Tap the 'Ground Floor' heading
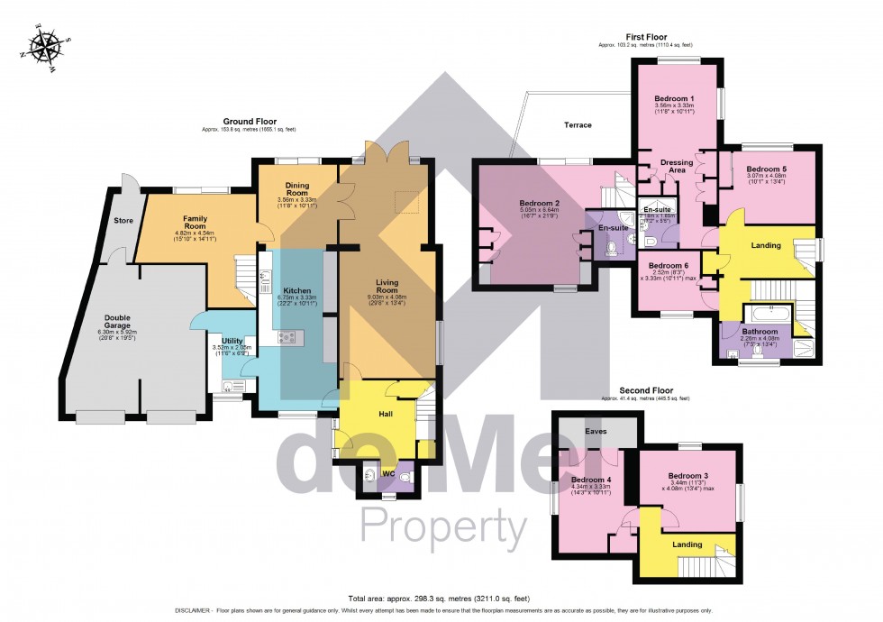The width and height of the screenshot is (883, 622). click(x=250, y=121)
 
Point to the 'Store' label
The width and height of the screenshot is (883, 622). click(x=123, y=219)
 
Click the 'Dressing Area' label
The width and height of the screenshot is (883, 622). click(x=676, y=167)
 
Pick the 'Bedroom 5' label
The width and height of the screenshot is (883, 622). click(x=772, y=169)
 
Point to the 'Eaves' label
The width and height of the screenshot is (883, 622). click(x=596, y=433)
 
